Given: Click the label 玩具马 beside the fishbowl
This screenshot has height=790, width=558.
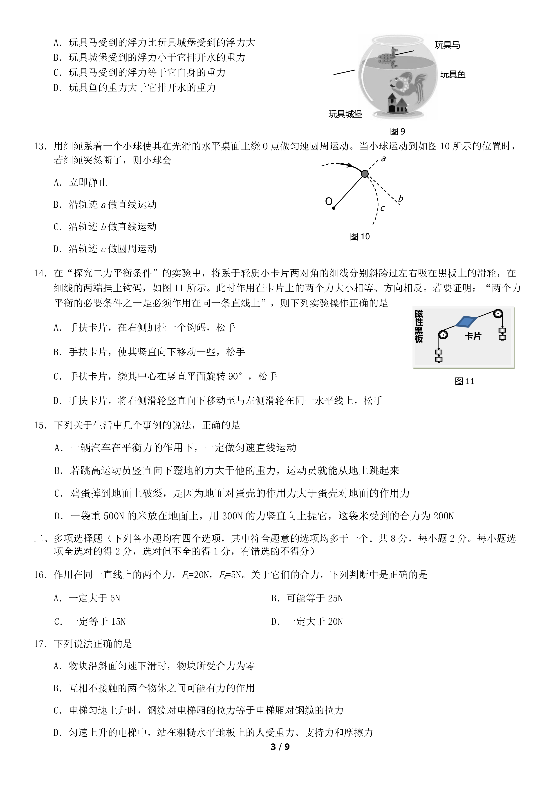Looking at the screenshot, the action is (x=447, y=45).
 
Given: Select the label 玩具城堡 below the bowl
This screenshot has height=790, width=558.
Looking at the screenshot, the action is (x=345, y=114).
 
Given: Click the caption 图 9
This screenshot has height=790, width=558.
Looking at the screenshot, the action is (x=398, y=132).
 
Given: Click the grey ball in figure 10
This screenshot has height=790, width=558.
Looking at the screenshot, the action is (x=365, y=174).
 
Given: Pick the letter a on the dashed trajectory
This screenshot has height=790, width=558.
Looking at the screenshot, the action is (x=383, y=159).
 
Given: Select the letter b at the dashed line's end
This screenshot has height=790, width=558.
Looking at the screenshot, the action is (x=400, y=199).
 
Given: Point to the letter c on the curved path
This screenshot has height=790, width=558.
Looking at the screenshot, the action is (x=382, y=208).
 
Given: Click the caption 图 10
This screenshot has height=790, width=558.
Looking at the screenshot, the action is (x=360, y=236).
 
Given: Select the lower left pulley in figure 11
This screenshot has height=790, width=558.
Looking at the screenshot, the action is (x=443, y=335).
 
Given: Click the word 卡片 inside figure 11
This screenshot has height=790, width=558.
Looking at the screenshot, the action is (x=473, y=336).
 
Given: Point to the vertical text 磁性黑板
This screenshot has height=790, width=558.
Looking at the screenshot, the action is (x=419, y=326).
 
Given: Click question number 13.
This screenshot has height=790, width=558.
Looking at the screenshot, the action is (x=40, y=147).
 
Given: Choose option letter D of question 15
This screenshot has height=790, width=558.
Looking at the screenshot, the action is (x=59, y=516).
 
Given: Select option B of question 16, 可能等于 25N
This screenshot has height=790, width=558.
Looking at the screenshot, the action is (x=307, y=598).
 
